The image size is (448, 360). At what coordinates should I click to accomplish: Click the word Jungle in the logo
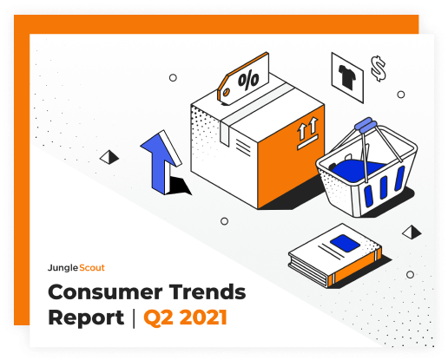(63, 268)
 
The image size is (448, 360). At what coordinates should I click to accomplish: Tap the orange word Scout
(92, 268)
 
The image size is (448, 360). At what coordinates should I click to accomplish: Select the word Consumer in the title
(105, 292)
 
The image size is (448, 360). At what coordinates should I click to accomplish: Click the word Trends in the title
(208, 291)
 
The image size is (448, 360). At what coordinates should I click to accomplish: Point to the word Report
(86, 318)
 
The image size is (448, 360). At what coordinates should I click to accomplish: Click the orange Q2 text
(159, 318)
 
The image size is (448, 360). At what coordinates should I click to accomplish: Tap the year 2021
(203, 317)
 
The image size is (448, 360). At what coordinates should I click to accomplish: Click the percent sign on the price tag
(248, 80)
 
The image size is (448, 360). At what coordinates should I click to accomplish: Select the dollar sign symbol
(379, 69)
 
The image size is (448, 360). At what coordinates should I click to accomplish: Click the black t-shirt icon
(347, 75)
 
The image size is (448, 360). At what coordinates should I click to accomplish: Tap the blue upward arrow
(161, 162)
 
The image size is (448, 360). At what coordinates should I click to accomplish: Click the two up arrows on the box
(308, 128)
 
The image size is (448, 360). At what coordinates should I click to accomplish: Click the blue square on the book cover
(345, 243)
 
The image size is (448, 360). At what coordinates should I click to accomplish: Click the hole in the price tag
(226, 92)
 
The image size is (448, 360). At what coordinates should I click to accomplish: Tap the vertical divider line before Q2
(134, 318)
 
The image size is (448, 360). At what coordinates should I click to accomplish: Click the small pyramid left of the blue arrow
(109, 157)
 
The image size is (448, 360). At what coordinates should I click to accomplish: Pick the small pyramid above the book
(412, 232)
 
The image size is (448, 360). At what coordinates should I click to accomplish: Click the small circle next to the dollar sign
(401, 95)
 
